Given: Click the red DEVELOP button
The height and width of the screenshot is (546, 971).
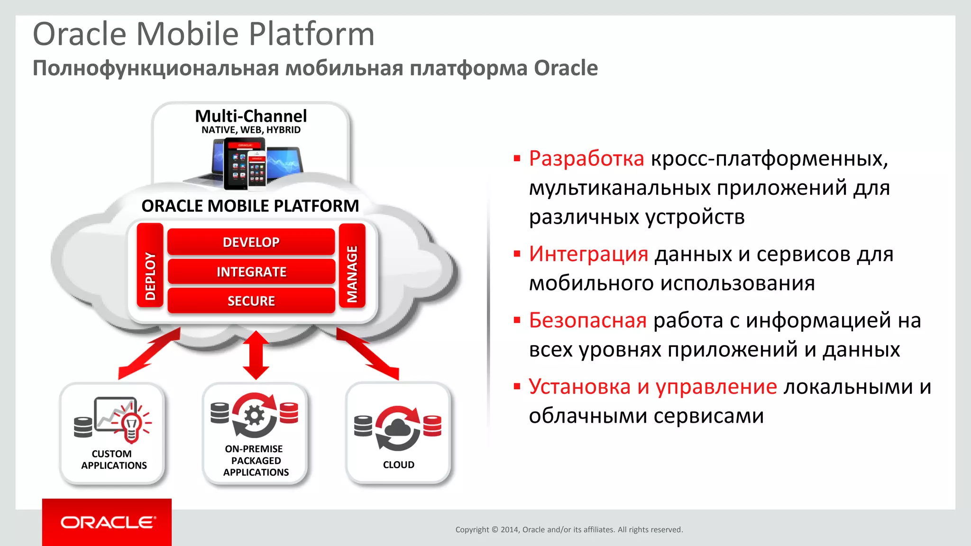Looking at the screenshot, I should coord(251,242).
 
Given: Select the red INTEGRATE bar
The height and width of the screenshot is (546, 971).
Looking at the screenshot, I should coord(251,272).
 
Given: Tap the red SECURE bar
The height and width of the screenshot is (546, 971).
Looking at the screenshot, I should coord(251,301).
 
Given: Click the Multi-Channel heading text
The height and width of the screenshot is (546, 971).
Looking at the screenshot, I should coord(251,116).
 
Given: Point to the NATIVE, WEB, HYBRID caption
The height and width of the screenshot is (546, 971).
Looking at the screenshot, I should coord(251,130).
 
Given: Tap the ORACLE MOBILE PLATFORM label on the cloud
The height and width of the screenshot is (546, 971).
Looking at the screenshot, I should coord(250,206).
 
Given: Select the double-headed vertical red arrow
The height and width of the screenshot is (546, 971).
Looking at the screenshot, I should coord(256,355).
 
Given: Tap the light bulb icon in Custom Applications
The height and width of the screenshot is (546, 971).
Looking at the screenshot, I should coord(131,425).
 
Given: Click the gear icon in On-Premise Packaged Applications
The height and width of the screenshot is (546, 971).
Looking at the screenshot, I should coord(255,416).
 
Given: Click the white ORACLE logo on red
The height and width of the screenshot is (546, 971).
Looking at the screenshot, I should coord(108,522).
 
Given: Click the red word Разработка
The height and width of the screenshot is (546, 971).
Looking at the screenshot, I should coord(586,158).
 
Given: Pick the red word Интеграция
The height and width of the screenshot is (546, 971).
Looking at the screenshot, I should coord(588,254).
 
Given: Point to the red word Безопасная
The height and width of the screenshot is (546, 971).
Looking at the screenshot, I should coord(587,320).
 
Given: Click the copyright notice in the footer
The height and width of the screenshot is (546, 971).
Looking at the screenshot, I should coord(568,529).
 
